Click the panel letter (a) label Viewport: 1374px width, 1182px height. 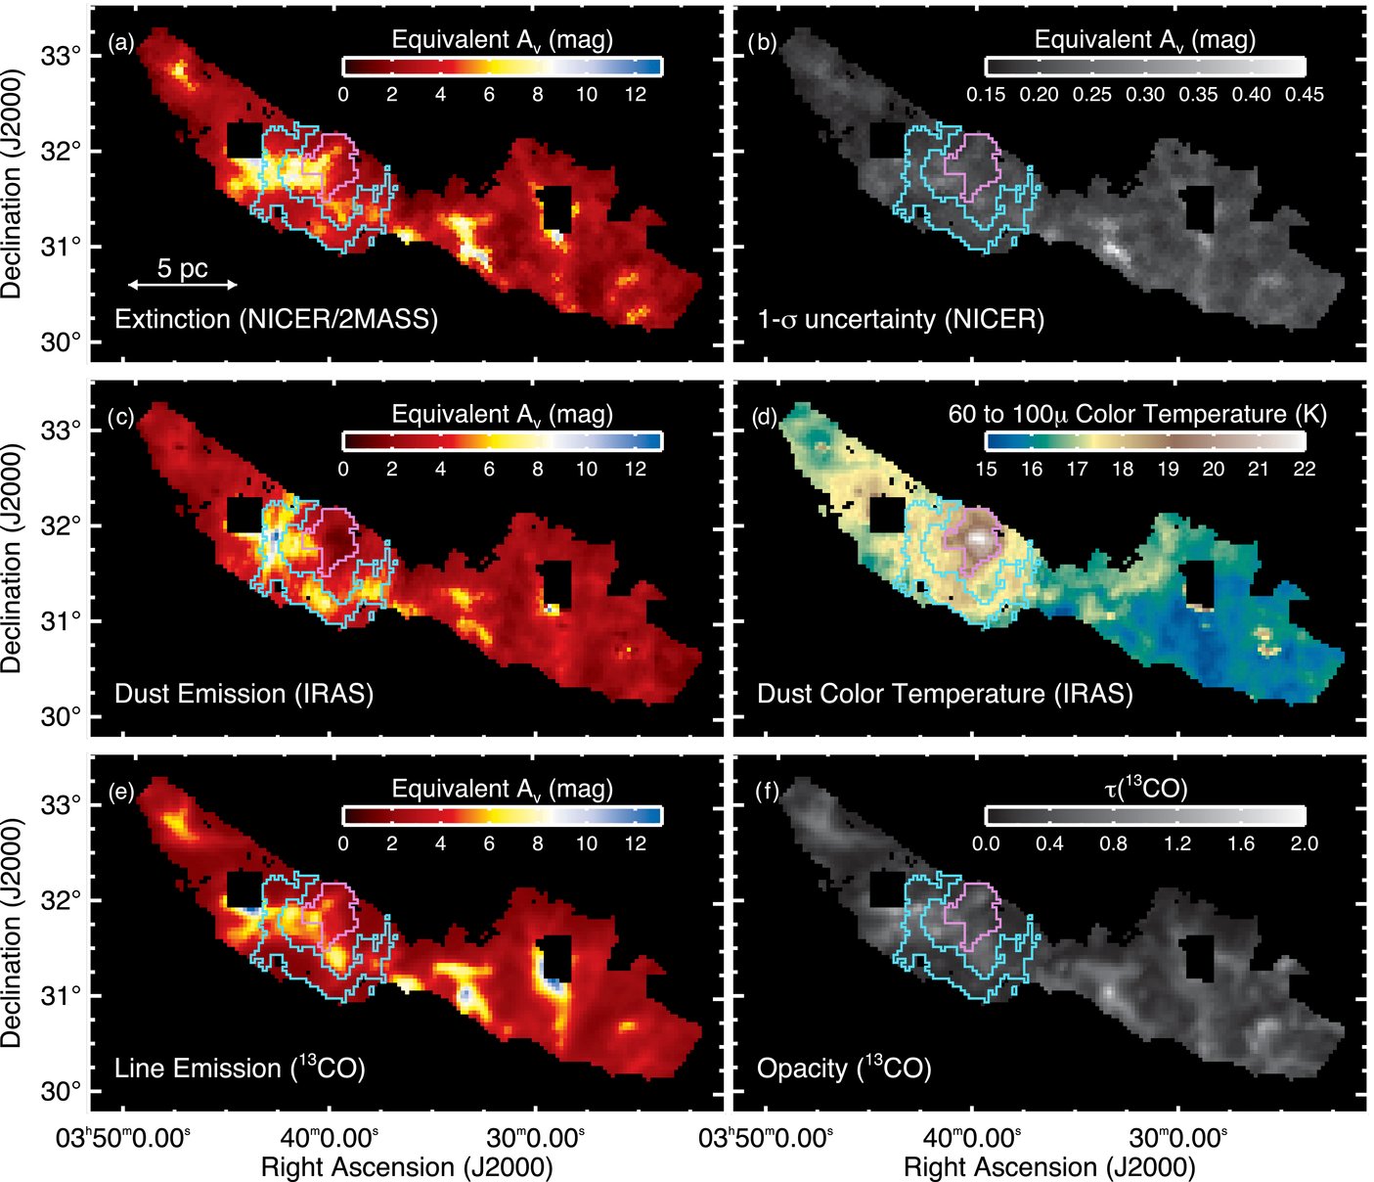[x=121, y=42]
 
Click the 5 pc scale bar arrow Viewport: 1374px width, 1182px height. [x=182, y=285]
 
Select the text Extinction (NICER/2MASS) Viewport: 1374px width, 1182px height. [x=276, y=319]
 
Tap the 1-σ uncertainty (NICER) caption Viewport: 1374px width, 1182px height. [x=901, y=319]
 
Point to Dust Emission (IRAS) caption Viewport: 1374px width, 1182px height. [x=244, y=694]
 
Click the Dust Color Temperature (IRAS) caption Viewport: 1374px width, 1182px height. [x=945, y=694]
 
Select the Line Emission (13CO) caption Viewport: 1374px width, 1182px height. [x=240, y=1068]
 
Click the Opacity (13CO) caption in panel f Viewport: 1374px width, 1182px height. [x=844, y=1068]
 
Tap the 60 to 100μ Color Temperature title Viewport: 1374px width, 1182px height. [x=1137, y=414]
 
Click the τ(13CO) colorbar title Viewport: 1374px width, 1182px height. [x=1145, y=789]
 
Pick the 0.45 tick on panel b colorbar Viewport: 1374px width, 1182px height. [x=1305, y=95]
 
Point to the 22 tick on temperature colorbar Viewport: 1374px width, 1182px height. [x=1305, y=470]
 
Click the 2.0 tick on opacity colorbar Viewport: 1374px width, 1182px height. [x=1305, y=843]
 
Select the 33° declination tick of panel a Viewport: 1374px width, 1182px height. [x=62, y=57]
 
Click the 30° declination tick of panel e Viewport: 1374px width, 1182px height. [x=62, y=1091]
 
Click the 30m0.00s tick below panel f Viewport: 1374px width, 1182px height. [x=1177, y=1138]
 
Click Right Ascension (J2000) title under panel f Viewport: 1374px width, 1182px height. [x=1049, y=1167]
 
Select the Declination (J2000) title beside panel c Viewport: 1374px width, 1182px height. [x=12, y=558]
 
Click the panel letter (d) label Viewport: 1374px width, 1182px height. [x=763, y=418]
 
